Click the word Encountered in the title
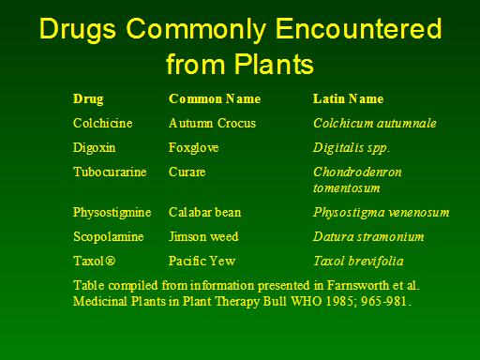coord(359,29)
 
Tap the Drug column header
coord(88,99)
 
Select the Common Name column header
coord(215,98)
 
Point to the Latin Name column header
coord(348,98)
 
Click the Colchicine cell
coord(102,123)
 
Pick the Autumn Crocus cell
coord(212,123)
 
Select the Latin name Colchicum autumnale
coord(375,123)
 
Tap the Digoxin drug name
coord(94,148)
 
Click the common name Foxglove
coord(193,148)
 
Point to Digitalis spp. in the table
coord(352,148)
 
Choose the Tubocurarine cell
coord(110,172)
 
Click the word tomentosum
coord(347,187)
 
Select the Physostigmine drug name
coord(112,213)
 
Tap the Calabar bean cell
coord(205,212)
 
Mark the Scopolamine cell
coord(109,237)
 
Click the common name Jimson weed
coord(203,236)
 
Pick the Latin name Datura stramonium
coord(368,236)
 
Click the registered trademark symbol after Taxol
coord(110,261)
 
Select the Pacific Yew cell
coord(202,261)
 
